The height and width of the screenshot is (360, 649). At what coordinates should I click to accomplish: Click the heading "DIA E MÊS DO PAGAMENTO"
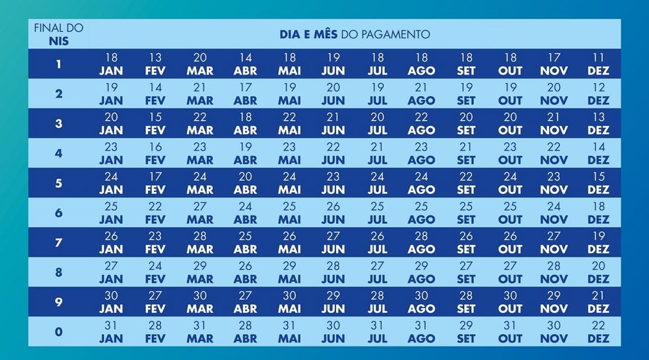354,34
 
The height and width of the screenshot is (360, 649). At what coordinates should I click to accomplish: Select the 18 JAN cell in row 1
111,64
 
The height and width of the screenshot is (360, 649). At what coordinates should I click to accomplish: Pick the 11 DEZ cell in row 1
598,64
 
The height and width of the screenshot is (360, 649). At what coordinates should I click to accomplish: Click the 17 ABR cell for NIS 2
245,94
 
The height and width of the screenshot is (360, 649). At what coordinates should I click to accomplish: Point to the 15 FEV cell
155,123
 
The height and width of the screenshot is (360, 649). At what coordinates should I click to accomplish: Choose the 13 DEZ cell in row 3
598,123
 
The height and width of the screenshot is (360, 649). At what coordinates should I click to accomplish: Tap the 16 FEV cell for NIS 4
155,153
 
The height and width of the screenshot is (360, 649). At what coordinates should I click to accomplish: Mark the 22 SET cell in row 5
466,183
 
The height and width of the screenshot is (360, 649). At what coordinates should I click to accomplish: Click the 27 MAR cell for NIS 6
200,213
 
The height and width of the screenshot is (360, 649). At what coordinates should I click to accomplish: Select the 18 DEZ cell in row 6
598,213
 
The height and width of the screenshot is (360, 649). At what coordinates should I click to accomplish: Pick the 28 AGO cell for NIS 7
421,243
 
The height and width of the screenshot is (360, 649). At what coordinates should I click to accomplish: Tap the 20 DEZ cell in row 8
598,272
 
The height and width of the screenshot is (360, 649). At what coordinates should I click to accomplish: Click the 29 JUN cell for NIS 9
333,302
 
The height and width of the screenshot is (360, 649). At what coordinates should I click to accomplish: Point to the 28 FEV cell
155,331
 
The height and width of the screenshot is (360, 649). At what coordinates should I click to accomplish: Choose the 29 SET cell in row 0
466,331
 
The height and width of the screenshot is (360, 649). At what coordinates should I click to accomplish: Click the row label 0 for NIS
58,332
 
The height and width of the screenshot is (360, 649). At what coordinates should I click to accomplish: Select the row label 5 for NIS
58,183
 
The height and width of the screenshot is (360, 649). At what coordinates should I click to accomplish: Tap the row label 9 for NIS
58,302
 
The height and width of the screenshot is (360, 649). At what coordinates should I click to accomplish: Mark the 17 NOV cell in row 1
554,64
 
